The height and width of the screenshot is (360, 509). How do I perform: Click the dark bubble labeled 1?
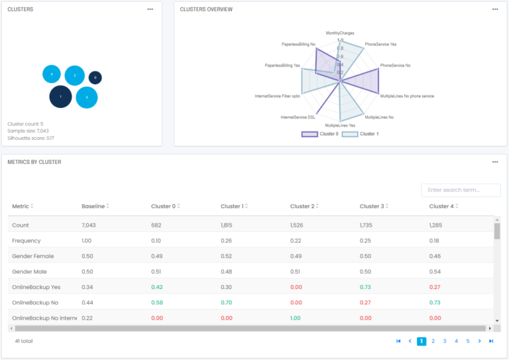[60, 97]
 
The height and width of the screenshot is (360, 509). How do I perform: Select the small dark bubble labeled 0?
[95, 78]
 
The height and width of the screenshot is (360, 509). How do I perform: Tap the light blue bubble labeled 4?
[52, 74]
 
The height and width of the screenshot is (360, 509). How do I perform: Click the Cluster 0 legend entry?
[321, 134]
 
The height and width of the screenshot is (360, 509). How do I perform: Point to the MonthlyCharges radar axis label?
[340, 32]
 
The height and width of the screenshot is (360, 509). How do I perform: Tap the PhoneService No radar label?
[396, 66]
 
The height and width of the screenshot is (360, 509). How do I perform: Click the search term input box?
[461, 190]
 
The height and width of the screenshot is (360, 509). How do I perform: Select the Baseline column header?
[94, 206]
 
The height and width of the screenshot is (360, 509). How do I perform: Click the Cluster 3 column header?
[373, 206]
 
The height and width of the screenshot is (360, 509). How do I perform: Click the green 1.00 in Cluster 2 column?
[296, 318]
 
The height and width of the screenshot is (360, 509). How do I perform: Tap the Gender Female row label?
[33, 256]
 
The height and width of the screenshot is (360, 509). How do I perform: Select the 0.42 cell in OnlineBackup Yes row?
[156, 287]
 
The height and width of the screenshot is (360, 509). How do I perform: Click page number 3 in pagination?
[445, 341]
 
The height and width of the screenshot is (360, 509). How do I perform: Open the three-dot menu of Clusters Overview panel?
[495, 9]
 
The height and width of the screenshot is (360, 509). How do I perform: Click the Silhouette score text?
[31, 138]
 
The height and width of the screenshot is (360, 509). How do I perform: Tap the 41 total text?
[24, 341]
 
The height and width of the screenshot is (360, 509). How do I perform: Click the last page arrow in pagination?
[491, 341]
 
